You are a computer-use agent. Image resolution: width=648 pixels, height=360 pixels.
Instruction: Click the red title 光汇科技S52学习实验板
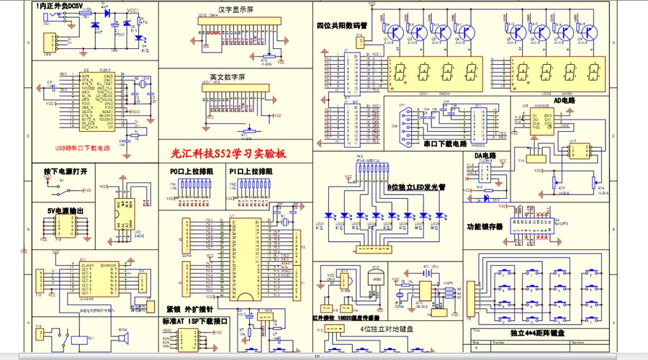(228, 153)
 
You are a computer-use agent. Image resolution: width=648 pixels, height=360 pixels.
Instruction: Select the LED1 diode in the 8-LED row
(329, 215)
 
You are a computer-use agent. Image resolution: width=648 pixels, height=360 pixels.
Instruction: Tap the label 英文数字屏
(228, 76)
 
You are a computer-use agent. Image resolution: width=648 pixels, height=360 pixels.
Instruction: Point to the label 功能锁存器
(485, 226)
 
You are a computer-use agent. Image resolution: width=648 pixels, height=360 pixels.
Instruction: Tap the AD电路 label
(564, 101)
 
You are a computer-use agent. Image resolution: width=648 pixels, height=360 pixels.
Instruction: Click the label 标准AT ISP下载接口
(196, 321)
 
